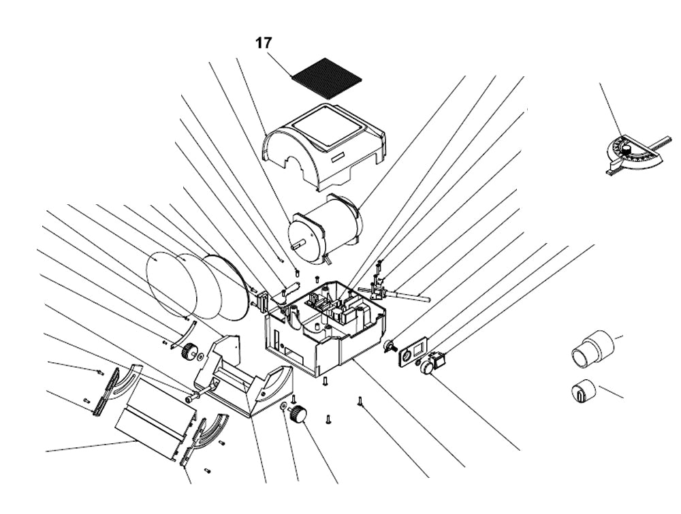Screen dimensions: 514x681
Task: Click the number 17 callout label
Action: coord(264,43)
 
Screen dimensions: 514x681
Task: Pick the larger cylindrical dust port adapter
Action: coord(592,348)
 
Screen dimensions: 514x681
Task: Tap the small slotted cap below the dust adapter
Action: coord(582,391)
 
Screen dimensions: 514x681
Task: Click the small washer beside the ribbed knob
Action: coord(283,406)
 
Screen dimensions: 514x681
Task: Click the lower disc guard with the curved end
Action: coord(245,381)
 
